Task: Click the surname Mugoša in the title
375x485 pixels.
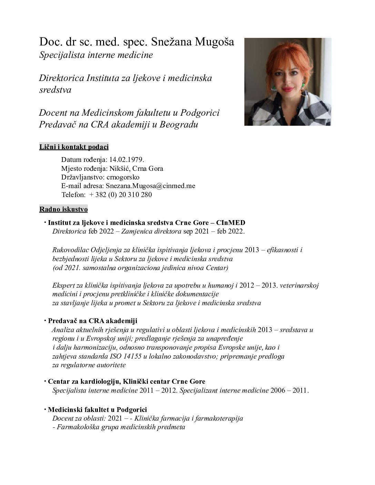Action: [215, 42]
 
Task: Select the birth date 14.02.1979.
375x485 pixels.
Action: [126, 160]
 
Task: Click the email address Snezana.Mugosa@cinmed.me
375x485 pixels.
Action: [151, 186]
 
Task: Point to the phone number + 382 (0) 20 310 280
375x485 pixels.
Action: [120, 195]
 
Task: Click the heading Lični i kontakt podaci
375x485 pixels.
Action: [74, 147]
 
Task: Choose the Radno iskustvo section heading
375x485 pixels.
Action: [64, 209]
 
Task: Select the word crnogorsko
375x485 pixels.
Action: [123, 177]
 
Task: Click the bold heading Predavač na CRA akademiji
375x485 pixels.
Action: [92, 321]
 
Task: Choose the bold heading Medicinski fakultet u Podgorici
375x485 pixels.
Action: [97, 410]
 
